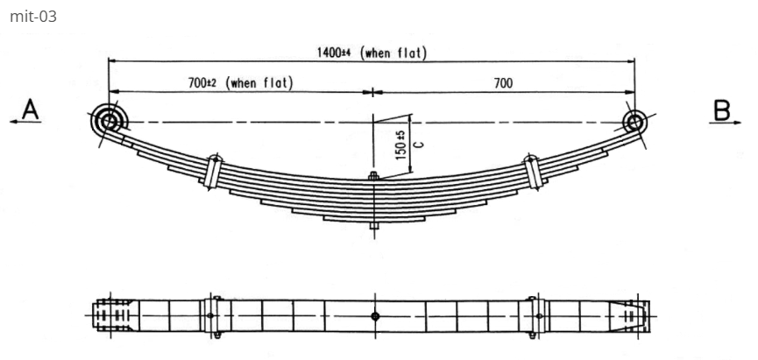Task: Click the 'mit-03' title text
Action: [32, 16]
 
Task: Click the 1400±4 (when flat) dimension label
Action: [372, 53]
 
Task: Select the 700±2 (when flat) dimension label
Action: [240, 82]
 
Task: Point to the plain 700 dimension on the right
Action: [503, 82]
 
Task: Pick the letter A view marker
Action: [30, 109]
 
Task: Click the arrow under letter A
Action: [26, 124]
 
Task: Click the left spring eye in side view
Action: [108, 121]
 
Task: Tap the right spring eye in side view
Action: [635, 121]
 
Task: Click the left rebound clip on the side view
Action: [212, 170]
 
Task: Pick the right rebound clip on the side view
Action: [532, 170]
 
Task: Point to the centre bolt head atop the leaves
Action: [373, 177]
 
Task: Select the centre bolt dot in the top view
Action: [374, 315]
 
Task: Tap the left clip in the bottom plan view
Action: [211, 315]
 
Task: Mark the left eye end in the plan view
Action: [110, 315]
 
